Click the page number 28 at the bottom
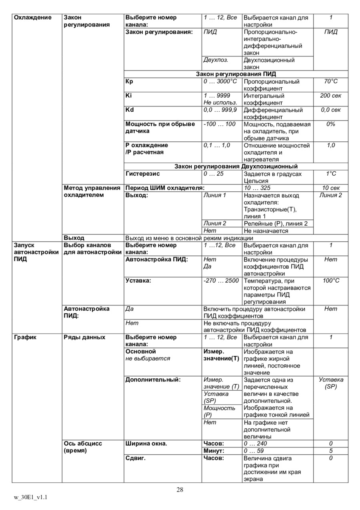180,489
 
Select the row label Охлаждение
33,18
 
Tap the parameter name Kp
129,81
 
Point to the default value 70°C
330,81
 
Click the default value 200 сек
330,96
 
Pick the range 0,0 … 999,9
220,110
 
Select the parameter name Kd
130,110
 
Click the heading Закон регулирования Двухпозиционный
236,166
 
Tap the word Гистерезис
142,174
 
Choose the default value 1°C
330,174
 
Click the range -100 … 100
220,124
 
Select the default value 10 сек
330,188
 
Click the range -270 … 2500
221,281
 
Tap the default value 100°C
330,281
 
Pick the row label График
25,337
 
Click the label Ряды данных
85,337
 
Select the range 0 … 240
255,444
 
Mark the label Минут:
214,451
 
